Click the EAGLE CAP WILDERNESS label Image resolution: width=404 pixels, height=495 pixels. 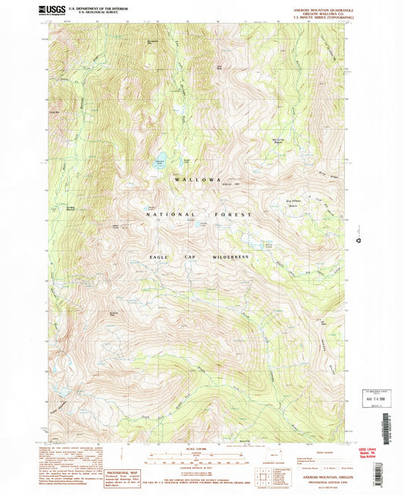coord(199,257)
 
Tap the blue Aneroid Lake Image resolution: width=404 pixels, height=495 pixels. coord(161,161)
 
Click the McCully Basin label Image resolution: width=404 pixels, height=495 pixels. coord(279,142)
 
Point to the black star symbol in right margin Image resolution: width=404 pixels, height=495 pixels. coord(358,242)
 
